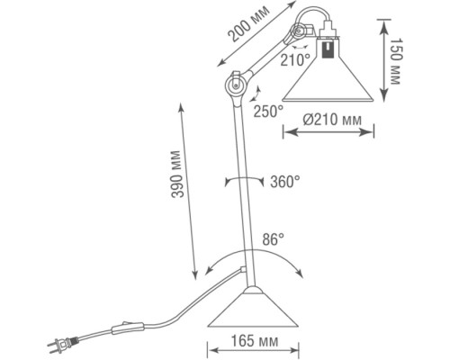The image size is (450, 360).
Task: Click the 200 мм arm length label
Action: (248, 23)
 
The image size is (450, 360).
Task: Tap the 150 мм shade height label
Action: (396, 61)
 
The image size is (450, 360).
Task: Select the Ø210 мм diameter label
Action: (332, 121)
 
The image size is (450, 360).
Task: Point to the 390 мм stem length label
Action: (176, 174)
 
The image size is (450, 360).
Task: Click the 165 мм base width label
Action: (255, 341)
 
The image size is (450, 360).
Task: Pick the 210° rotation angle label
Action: (295, 60)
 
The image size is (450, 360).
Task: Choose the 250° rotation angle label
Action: (268, 112)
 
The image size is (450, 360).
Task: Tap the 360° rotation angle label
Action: (285, 182)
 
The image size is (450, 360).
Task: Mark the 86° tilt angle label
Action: (274, 239)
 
